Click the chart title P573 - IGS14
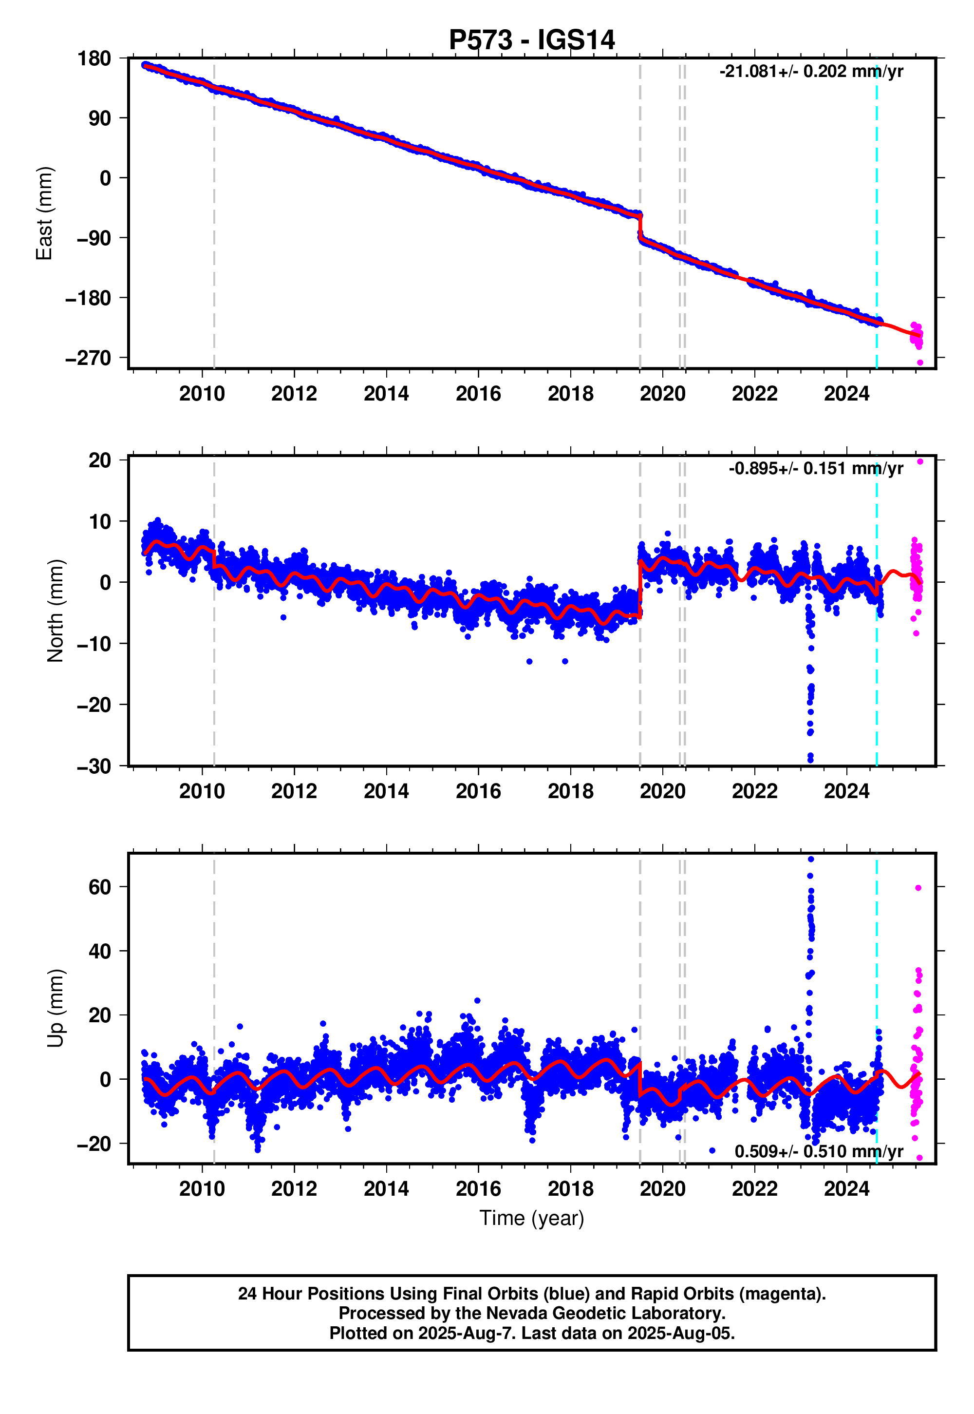pyautogui.click(x=531, y=40)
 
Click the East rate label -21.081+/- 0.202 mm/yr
pyautogui.click(x=810, y=72)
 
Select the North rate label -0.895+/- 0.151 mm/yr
pyautogui.click(x=815, y=468)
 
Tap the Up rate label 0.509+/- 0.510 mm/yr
pyautogui.click(x=818, y=1151)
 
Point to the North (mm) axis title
pyautogui.click(x=55, y=611)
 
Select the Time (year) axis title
pyautogui.click(x=531, y=1219)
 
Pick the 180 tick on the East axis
pyautogui.click(x=94, y=59)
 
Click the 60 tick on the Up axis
pyautogui.click(x=99, y=887)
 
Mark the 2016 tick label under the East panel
pyautogui.click(x=478, y=394)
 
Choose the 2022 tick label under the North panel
pyautogui.click(x=754, y=792)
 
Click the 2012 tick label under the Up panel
pyautogui.click(x=294, y=1189)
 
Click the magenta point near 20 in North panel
pyautogui.click(x=919, y=461)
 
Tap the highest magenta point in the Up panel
pyautogui.click(x=918, y=888)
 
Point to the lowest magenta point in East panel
pyautogui.click(x=919, y=363)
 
